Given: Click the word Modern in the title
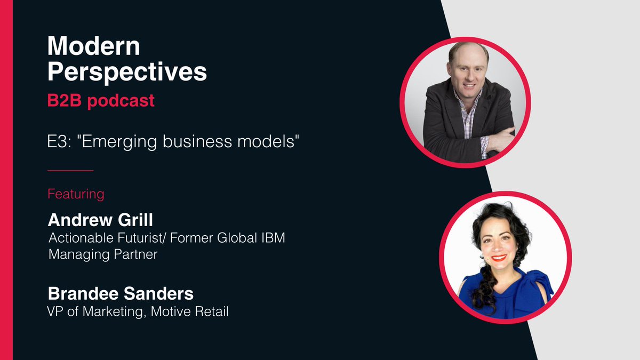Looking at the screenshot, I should pos(93,47).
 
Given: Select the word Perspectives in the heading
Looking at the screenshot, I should pos(127,73).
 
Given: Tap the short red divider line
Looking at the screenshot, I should pos(70,171).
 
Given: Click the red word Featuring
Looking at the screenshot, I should pos(76,193).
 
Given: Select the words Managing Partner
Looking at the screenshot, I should pos(103,254).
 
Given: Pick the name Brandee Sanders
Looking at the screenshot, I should pos(121,293).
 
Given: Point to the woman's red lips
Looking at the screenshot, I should pos(499,258).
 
